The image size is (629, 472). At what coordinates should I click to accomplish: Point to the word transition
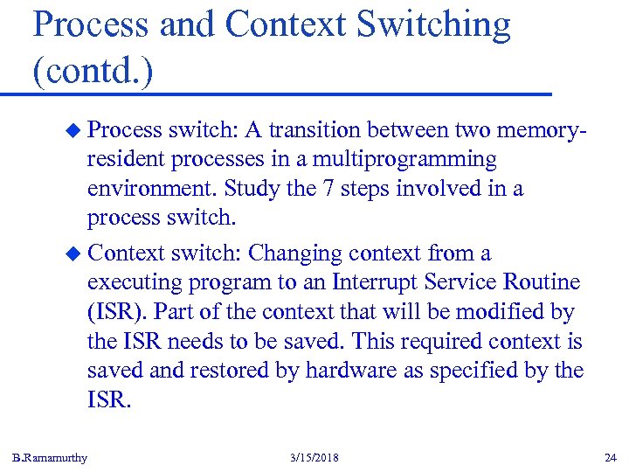coord(315,130)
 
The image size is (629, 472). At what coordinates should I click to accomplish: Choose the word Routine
coord(543,282)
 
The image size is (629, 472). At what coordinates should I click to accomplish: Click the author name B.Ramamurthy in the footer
coord(50,457)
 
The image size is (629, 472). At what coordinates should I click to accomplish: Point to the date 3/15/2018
coord(314,457)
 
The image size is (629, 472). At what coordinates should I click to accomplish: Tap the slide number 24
coord(611,457)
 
